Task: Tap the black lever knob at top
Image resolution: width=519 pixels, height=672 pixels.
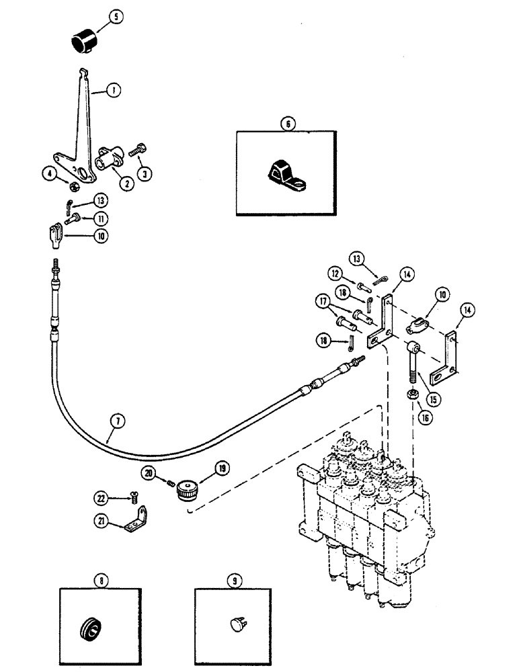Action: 84,42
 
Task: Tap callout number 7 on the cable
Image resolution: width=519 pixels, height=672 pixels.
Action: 119,423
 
